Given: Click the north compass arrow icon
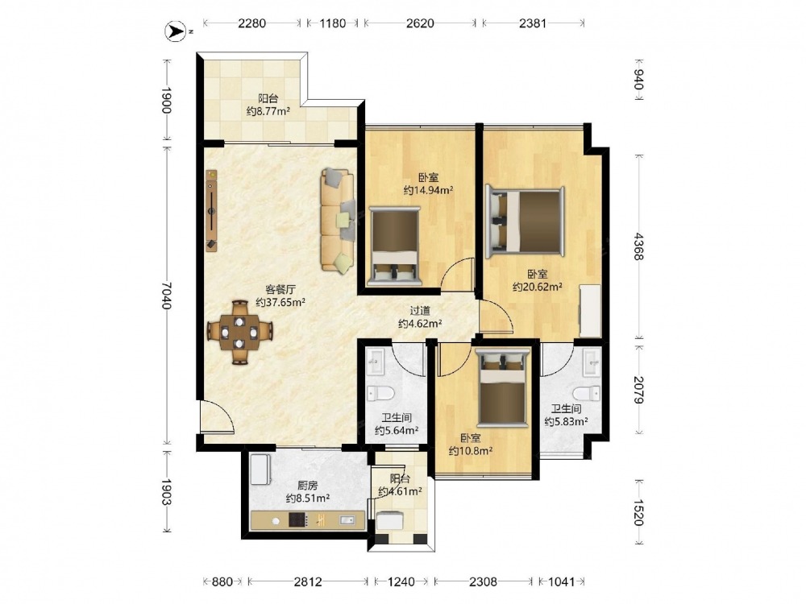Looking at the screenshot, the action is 175,31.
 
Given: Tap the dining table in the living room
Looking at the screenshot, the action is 239,333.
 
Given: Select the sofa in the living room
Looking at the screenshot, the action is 338,219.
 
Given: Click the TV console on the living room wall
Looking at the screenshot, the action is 211,211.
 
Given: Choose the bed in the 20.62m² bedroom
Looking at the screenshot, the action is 526,222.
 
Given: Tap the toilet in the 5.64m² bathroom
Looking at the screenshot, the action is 381,395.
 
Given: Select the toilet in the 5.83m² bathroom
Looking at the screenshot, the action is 587,394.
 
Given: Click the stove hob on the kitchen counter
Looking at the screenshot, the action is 298,520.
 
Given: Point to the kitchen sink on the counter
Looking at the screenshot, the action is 347,520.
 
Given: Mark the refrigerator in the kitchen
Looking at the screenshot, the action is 261,469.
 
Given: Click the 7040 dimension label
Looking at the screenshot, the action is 165,296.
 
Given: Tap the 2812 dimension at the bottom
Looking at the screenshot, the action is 308,581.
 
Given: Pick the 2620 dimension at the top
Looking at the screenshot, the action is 420,23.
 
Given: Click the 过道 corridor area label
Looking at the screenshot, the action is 420,310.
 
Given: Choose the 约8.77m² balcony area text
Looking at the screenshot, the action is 268,111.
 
